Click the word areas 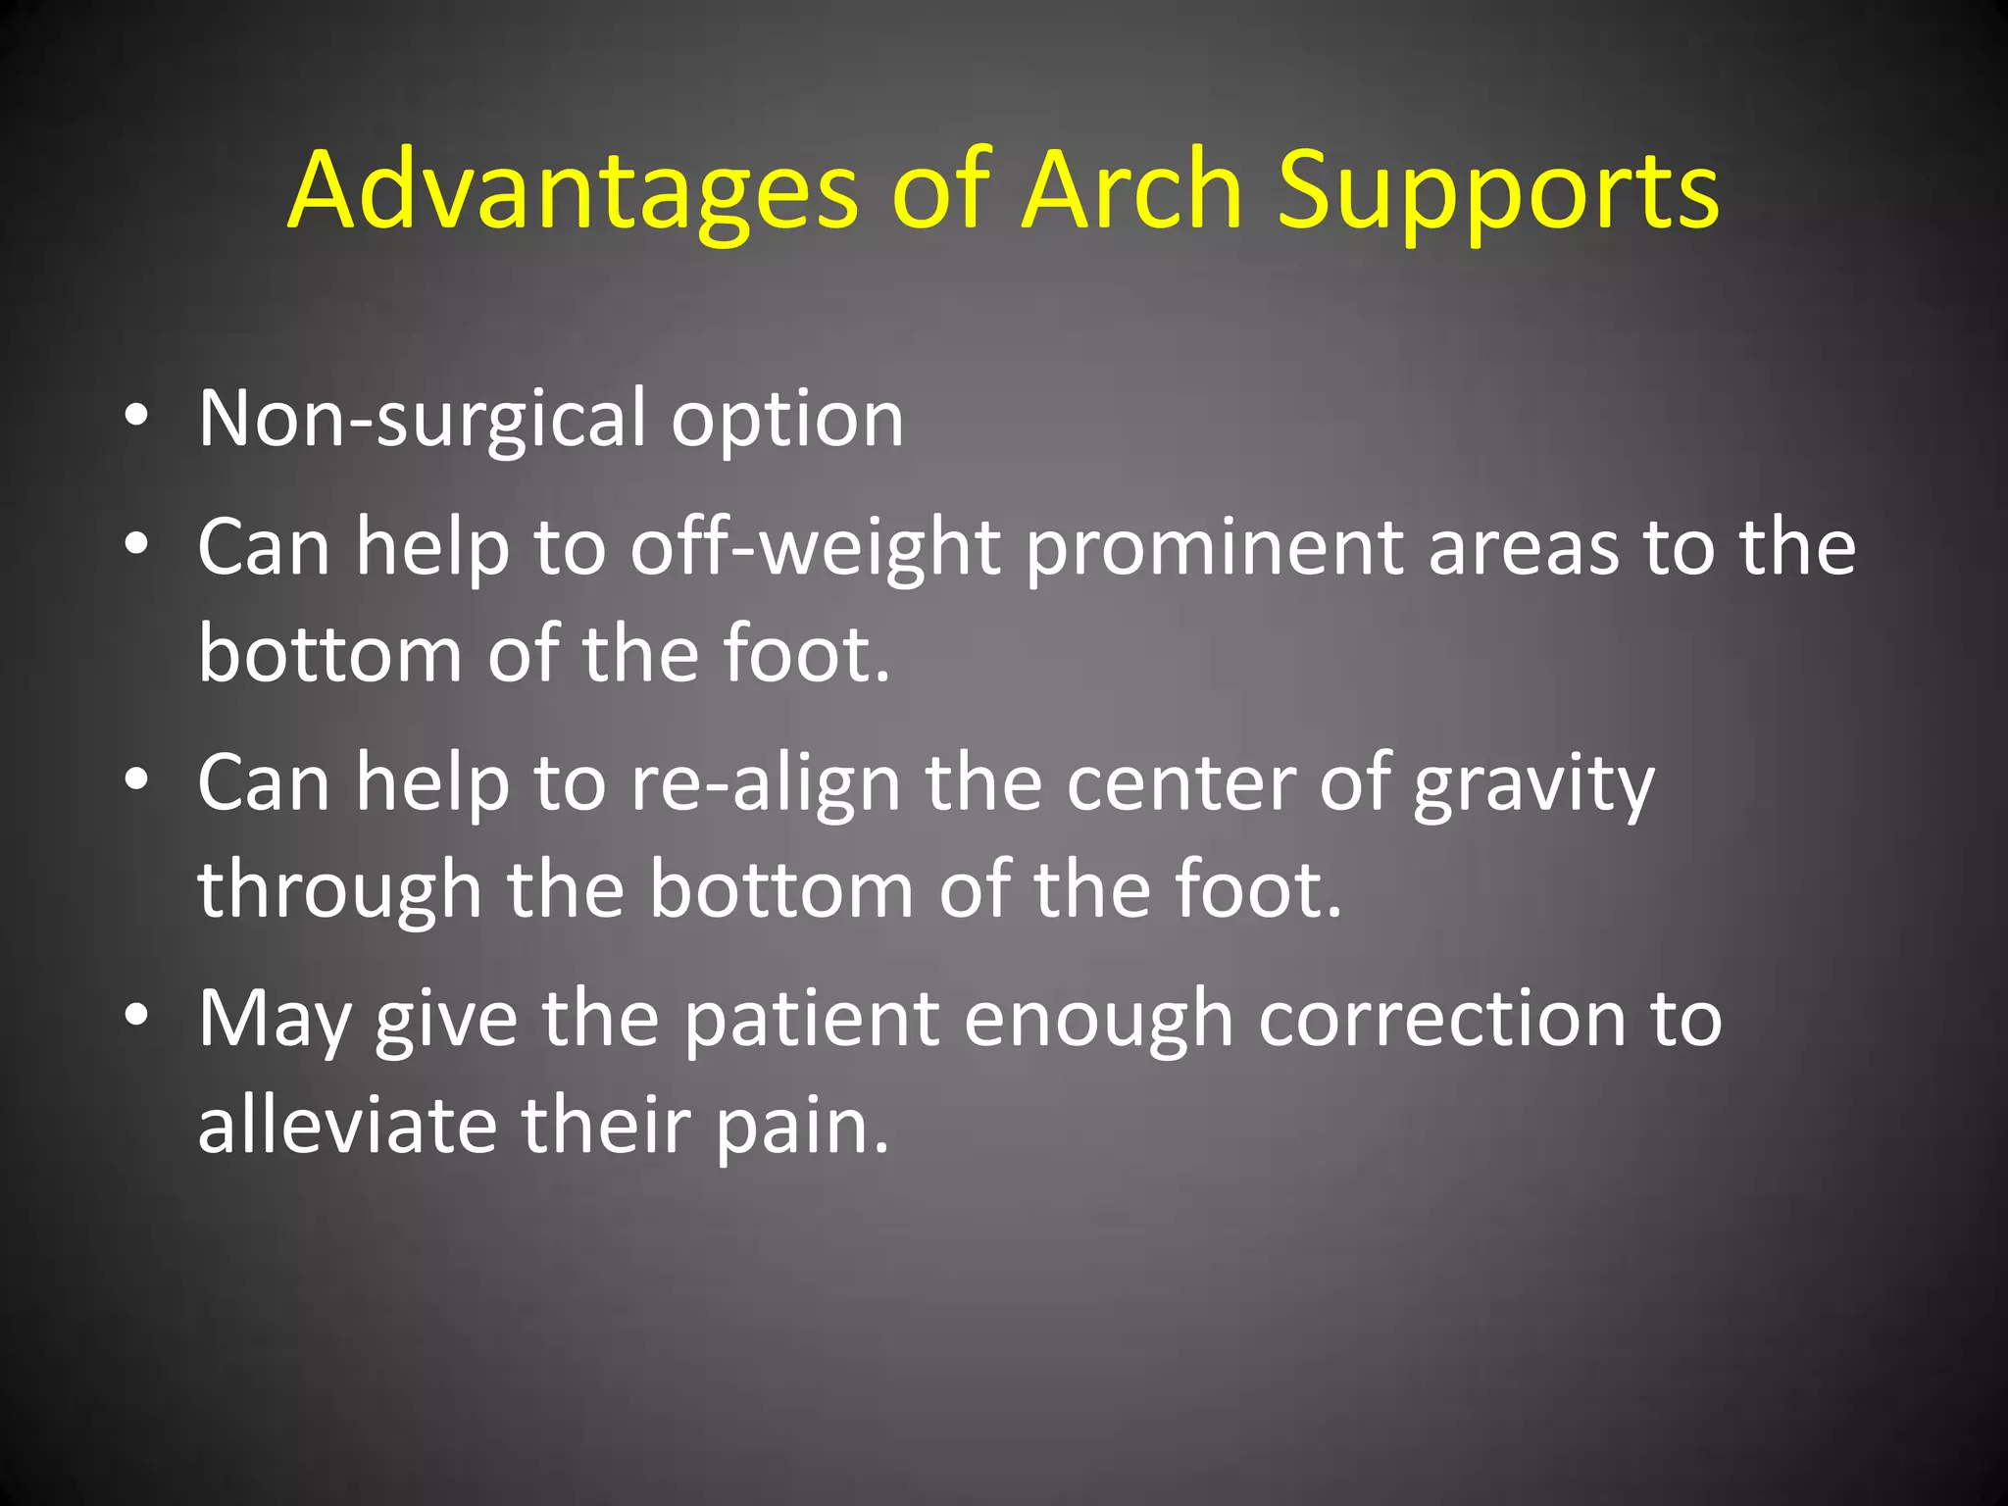pos(1523,549)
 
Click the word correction pos(1441,1020)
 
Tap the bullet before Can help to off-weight pos(136,544)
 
